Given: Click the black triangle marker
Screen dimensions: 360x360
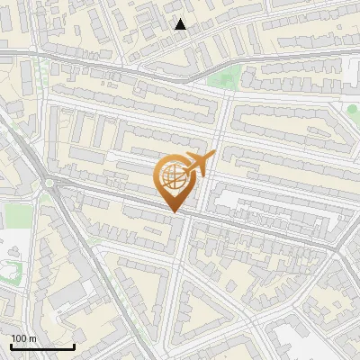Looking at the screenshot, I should [181, 24].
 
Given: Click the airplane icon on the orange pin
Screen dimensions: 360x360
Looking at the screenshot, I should [200, 165].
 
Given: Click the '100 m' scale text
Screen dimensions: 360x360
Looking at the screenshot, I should [23, 338].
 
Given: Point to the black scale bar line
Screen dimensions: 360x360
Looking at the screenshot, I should [42, 346].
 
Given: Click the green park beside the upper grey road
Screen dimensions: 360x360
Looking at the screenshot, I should [230, 76].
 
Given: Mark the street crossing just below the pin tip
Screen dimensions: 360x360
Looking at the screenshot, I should [184, 218].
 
